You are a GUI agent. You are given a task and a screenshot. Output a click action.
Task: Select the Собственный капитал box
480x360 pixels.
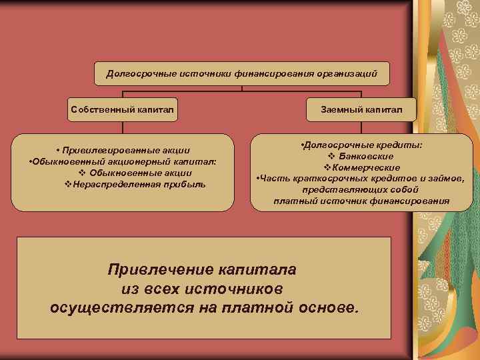[x=124, y=109]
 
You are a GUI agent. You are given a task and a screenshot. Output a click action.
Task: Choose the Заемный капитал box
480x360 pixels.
[x=361, y=109]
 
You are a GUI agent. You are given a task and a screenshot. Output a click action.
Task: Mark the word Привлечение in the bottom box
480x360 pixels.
[x=159, y=270]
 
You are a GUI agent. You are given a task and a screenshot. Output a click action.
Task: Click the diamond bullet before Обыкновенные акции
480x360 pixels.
[x=73, y=173]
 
